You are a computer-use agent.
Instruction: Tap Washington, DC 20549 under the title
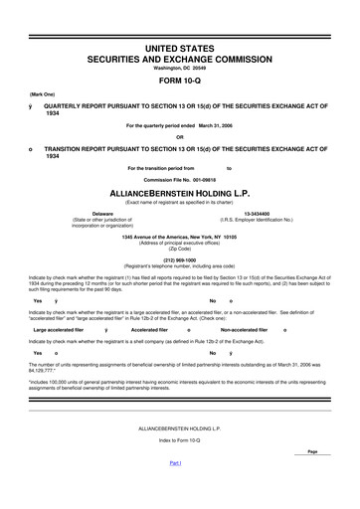coord(179,68)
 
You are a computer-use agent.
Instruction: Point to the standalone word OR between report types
coord(179,137)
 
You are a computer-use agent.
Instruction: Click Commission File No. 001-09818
coord(179,179)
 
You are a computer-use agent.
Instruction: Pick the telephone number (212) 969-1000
coord(179,260)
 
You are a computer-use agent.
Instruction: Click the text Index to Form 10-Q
coord(179,468)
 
